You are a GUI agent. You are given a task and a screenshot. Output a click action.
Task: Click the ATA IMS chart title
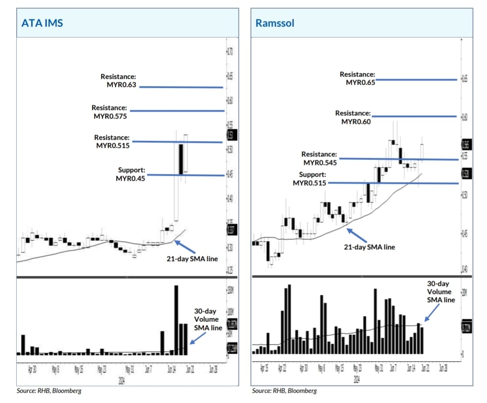click(42, 23)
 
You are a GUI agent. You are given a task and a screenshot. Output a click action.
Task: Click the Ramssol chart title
click(275, 23)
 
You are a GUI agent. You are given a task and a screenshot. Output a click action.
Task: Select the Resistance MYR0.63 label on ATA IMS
click(118, 81)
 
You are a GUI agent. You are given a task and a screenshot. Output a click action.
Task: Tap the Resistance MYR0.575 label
click(110, 112)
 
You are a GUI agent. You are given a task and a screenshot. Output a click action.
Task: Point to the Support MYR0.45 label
click(131, 174)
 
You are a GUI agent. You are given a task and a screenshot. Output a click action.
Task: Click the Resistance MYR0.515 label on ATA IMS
click(112, 142)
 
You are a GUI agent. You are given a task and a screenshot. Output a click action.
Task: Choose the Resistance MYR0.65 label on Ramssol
click(357, 78)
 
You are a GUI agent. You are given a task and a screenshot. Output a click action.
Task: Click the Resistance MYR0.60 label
click(353, 117)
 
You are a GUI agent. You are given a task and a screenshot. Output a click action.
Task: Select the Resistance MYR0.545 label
click(320, 158)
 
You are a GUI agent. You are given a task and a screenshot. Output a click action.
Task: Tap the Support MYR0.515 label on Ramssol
click(310, 179)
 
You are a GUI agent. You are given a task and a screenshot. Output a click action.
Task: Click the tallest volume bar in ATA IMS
click(176, 320)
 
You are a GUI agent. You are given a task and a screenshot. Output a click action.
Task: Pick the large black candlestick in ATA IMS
click(181, 159)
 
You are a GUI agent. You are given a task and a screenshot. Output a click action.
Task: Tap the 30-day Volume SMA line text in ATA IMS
click(208, 320)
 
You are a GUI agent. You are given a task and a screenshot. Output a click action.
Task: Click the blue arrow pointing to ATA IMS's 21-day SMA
click(184, 246)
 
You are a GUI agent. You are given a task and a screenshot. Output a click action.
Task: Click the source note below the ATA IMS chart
click(43, 390)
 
